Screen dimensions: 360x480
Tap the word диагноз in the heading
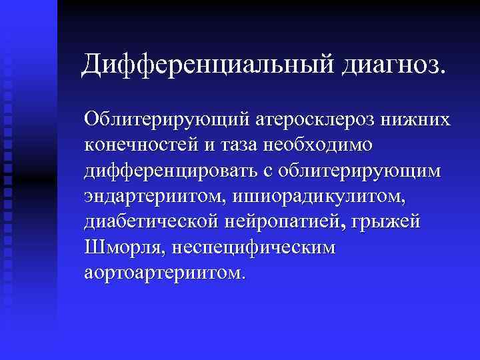click(x=393, y=65)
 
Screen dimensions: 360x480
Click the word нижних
click(x=421, y=119)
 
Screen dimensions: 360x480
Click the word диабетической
click(x=157, y=221)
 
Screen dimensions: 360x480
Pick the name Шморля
click(x=123, y=247)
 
